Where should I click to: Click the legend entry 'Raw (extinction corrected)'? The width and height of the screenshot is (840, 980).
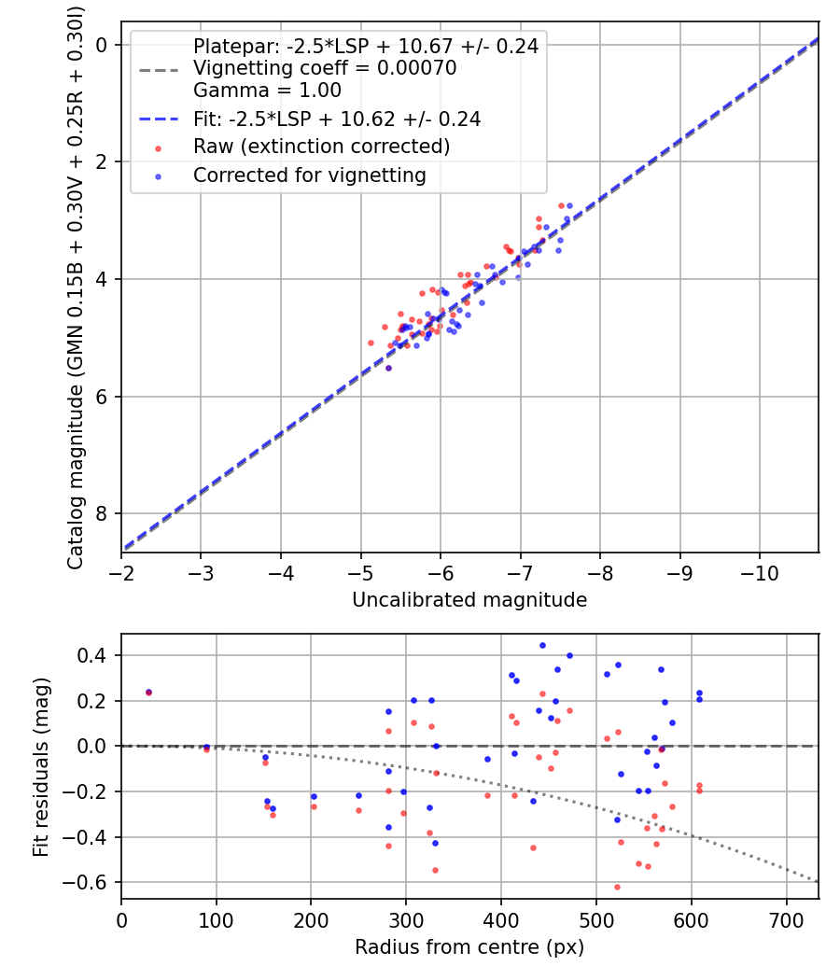(x=321, y=147)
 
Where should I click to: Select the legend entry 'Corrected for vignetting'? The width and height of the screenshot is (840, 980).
(x=309, y=175)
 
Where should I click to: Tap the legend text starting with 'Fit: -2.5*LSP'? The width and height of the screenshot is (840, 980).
(x=336, y=119)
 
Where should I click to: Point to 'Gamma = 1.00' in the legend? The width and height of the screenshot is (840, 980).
(x=267, y=91)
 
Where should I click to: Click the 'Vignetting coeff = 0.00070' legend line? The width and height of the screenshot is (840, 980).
(x=324, y=68)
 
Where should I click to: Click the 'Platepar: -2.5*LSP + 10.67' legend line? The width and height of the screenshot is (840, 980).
(x=365, y=46)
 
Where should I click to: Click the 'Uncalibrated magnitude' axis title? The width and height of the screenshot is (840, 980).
(x=469, y=600)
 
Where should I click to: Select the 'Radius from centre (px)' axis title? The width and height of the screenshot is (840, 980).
(x=469, y=947)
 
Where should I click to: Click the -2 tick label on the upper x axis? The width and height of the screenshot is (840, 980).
(x=121, y=571)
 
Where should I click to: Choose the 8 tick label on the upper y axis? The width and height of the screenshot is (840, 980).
(x=104, y=514)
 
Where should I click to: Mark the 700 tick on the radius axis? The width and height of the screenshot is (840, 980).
(x=786, y=918)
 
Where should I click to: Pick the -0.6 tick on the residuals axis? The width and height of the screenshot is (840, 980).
(x=93, y=882)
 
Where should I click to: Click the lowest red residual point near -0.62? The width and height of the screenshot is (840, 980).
(x=617, y=887)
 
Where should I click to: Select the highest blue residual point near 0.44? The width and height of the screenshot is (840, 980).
(x=542, y=645)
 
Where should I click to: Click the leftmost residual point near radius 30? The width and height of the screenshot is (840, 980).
(x=148, y=692)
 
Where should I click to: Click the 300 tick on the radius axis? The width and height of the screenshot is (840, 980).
(x=406, y=918)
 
